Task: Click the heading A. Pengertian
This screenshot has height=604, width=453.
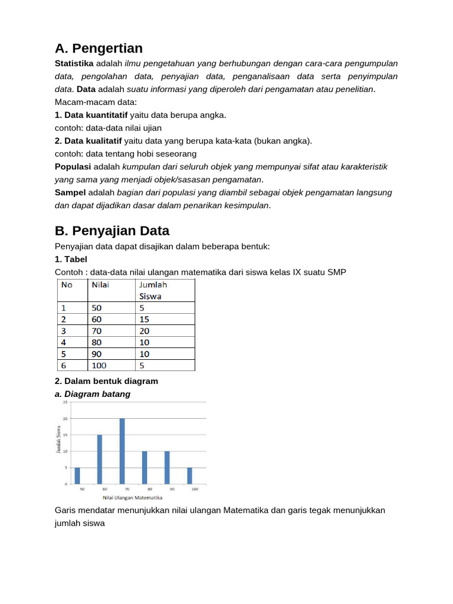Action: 99,48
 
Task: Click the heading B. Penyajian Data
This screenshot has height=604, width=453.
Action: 112,230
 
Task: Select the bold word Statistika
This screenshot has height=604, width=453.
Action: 74,63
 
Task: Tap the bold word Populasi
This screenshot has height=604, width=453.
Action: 73,166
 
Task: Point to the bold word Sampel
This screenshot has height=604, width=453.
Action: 70,192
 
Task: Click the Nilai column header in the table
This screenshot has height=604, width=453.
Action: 101,284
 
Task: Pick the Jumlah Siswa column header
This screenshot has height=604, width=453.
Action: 153,290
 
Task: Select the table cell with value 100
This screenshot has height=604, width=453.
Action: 99,365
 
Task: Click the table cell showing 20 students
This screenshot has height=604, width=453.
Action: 145,331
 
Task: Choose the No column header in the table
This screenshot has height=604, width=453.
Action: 67,284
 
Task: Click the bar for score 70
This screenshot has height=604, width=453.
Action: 122,451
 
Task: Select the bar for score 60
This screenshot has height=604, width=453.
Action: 100,459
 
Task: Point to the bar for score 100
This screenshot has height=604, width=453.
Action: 189,475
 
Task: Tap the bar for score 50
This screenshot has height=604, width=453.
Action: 77,475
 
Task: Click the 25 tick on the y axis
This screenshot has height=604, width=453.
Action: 65,402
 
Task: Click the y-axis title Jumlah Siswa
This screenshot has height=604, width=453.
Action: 58,439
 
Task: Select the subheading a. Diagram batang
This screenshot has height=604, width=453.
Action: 93,393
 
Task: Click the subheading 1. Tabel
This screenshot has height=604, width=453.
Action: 71,259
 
